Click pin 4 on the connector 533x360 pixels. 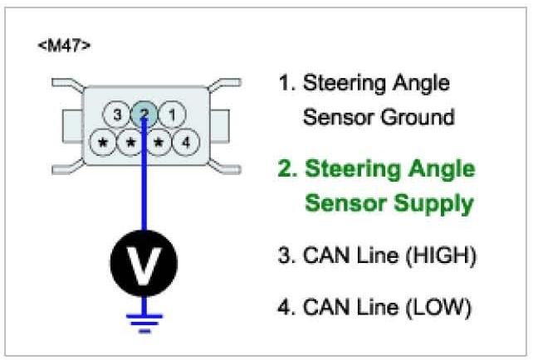point(186,142)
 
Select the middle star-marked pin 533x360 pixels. point(130,142)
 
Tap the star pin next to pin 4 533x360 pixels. point(158,142)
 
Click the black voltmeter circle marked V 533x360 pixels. point(144,264)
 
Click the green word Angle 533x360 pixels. point(439,170)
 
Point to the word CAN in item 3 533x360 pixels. point(322,256)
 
